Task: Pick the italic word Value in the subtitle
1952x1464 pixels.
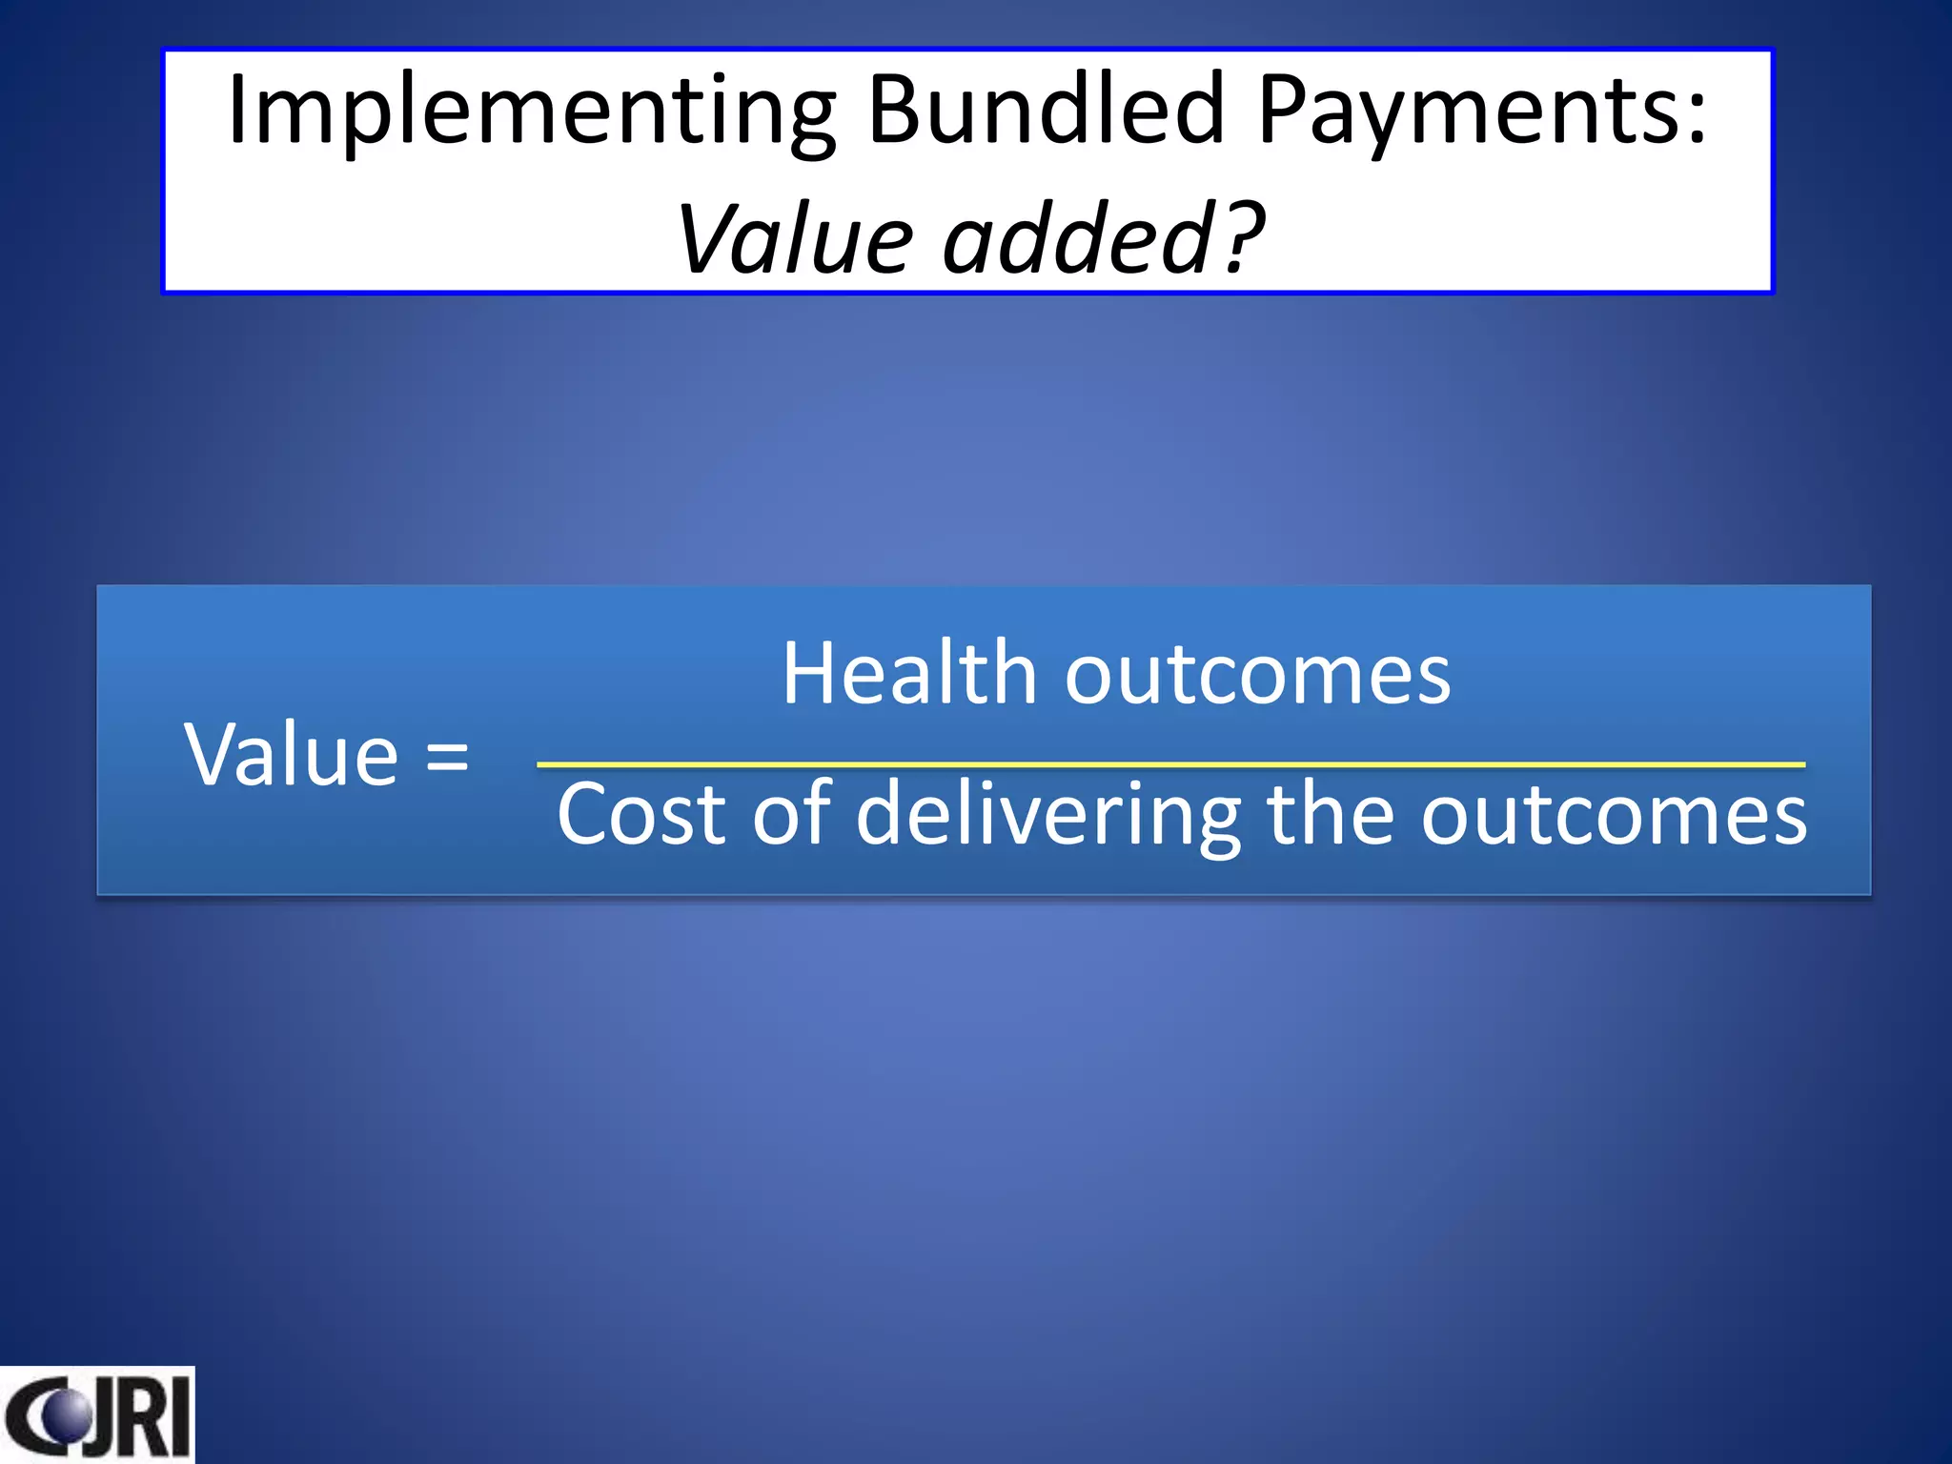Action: pos(795,240)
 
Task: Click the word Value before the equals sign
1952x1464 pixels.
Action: pos(292,755)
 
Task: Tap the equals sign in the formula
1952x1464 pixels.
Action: pos(447,758)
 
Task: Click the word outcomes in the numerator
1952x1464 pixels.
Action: pos(1257,675)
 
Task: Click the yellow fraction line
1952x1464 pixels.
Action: pos(1170,764)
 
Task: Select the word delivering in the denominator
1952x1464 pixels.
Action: pos(1048,816)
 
